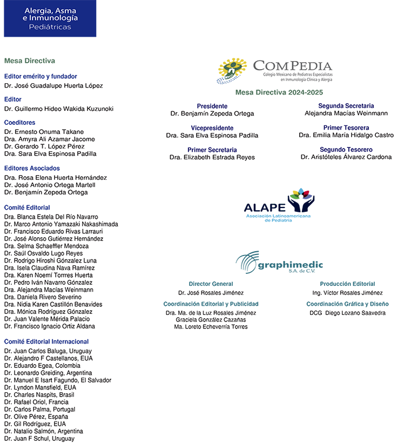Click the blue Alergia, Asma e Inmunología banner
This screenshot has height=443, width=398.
(50, 18)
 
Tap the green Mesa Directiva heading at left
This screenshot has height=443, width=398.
(29, 61)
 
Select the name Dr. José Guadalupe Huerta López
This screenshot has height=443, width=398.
(53, 85)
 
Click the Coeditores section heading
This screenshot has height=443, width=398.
(19, 123)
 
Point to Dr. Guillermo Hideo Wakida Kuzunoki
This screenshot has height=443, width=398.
(58, 109)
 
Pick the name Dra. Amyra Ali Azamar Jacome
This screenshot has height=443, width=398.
(49, 139)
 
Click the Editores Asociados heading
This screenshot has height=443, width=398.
(31, 169)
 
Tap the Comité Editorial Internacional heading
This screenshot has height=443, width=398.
(46, 341)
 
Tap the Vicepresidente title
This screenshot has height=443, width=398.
(212, 128)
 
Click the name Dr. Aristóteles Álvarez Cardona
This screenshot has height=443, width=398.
(346, 157)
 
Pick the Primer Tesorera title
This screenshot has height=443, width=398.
(346, 128)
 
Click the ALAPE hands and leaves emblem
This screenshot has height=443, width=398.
(301, 199)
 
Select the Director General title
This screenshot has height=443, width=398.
(211, 284)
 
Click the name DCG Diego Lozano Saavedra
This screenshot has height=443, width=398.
(347, 313)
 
